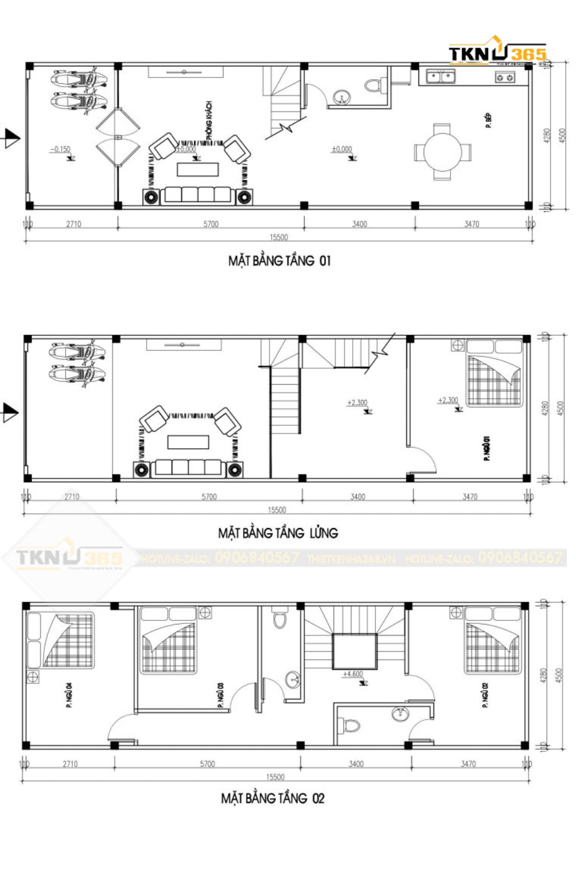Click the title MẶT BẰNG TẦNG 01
point(279,261)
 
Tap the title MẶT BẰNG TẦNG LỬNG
point(278,533)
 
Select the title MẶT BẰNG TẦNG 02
point(272,798)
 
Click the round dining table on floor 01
point(442,152)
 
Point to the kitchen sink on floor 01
point(441,76)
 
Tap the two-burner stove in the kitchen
point(505,77)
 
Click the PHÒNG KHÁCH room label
point(209,120)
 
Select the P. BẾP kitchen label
point(488,121)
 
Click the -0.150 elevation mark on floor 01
point(61,150)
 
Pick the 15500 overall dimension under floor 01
point(279,237)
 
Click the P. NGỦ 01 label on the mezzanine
point(486,449)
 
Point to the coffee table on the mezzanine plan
point(188,442)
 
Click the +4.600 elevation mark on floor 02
point(353,674)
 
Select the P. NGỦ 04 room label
point(69,695)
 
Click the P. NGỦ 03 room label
point(221,695)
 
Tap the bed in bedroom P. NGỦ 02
point(492,641)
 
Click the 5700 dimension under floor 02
point(207,764)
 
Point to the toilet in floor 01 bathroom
point(372,86)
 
